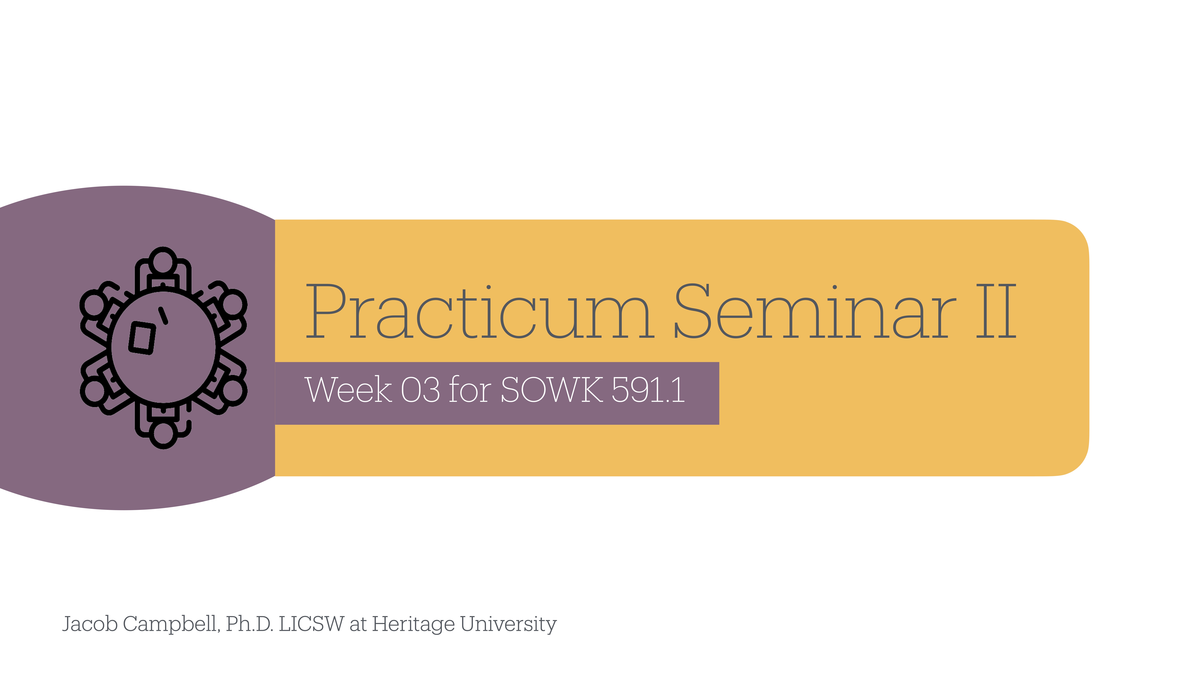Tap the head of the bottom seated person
click(163, 434)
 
